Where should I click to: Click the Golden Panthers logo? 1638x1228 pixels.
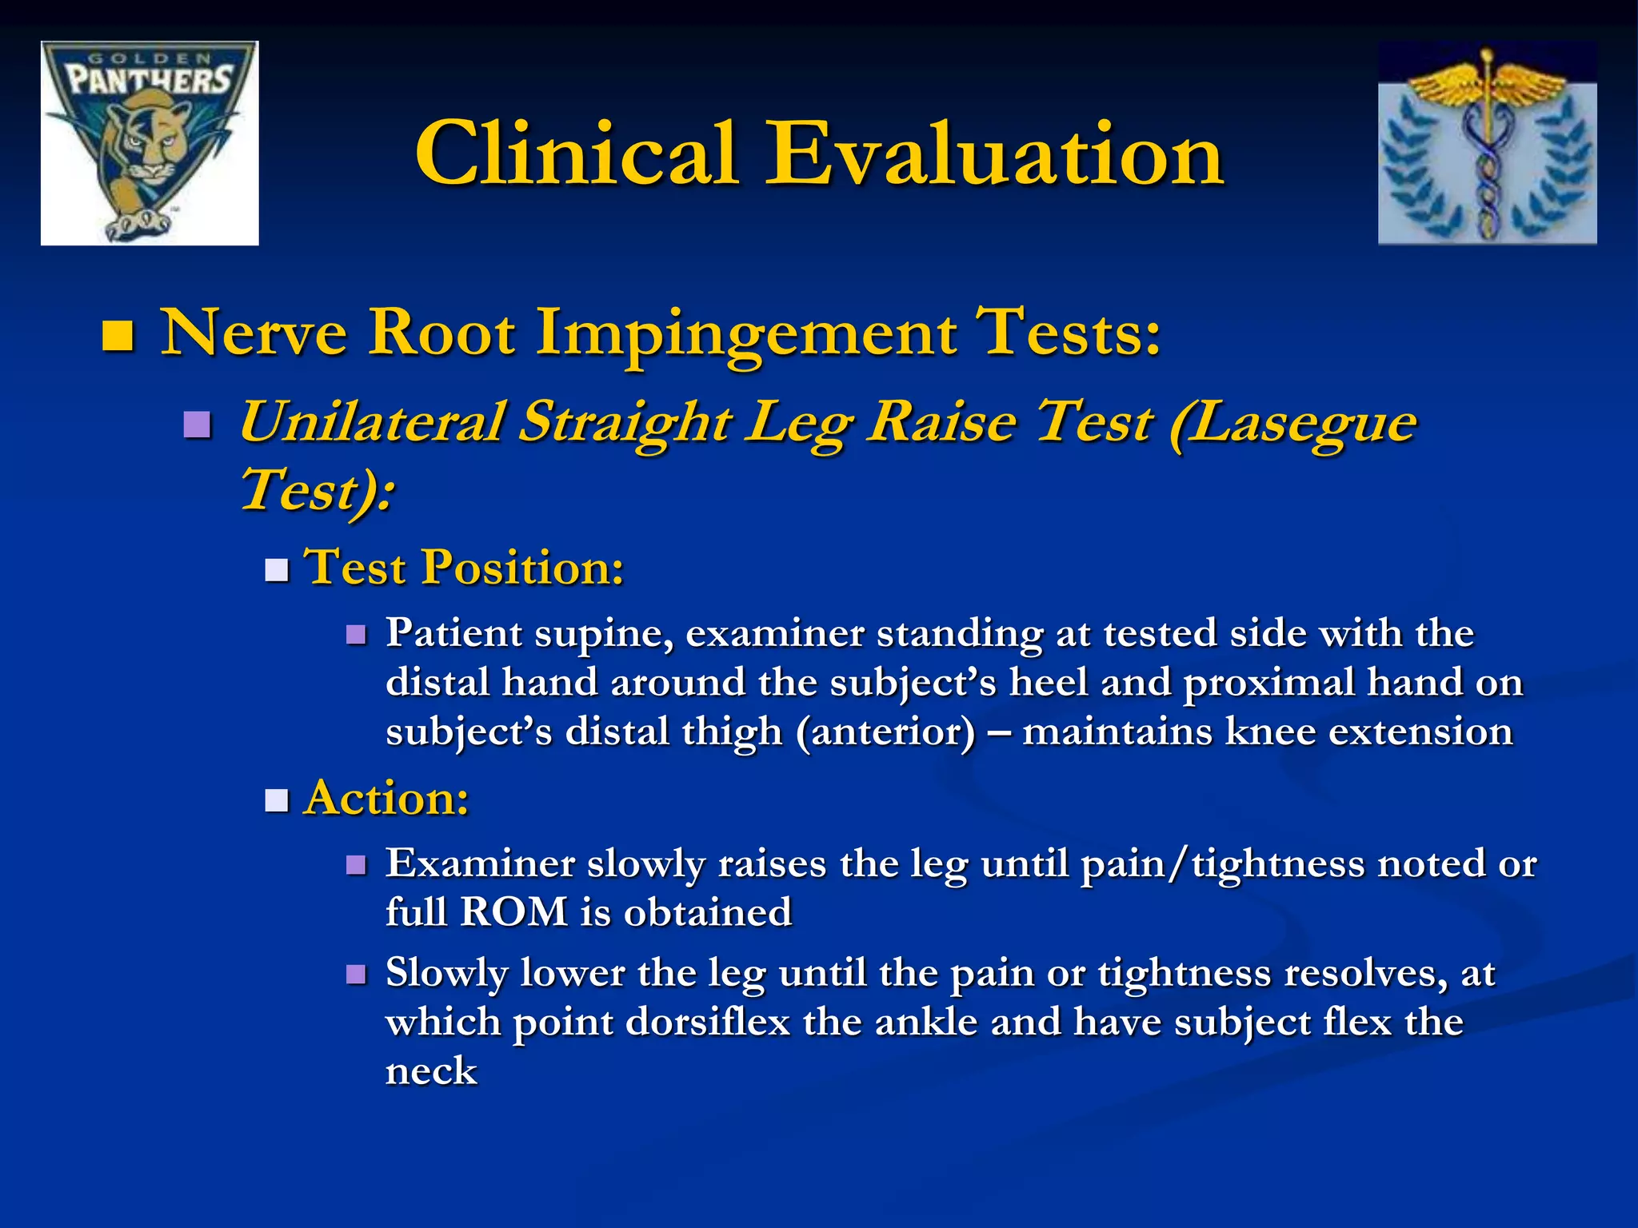point(150,143)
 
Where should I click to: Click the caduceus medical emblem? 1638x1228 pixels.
point(1487,143)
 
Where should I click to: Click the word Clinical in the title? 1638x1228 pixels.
point(576,153)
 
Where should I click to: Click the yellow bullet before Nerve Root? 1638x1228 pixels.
point(118,336)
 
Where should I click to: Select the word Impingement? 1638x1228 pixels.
point(745,334)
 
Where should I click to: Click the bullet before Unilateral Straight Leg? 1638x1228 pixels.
point(197,425)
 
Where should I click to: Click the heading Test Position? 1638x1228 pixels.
point(464,568)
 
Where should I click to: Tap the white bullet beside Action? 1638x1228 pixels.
point(277,799)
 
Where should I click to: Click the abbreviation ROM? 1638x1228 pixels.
point(513,913)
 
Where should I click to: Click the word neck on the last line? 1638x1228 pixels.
point(431,1072)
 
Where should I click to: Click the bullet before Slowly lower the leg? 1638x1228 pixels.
point(356,975)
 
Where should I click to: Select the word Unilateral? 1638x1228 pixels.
point(372,422)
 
